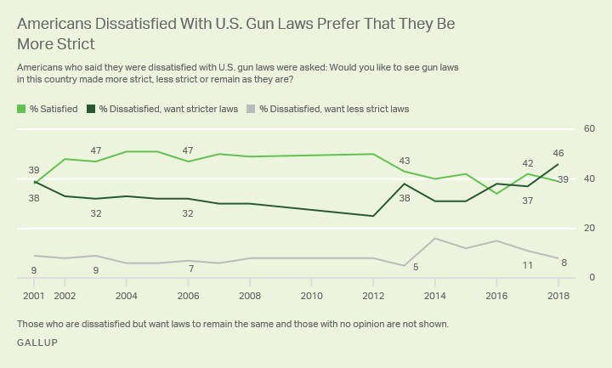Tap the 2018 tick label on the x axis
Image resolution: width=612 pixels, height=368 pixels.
point(558,295)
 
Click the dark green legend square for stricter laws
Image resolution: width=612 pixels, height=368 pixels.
point(91,109)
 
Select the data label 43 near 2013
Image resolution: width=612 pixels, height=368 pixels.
point(405,161)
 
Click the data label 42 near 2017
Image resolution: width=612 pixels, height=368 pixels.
point(527,162)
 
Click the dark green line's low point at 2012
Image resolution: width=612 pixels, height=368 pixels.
point(373,216)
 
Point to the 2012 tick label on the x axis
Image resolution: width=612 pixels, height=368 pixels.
point(373,295)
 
